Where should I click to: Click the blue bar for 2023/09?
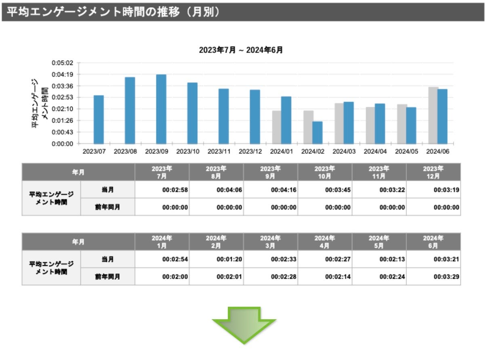161,109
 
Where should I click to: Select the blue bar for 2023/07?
99,119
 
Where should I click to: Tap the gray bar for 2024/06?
433,115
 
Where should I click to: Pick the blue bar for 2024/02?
318,132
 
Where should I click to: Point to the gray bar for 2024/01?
276,127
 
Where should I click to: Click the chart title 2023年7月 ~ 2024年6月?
241,50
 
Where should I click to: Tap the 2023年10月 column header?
325,172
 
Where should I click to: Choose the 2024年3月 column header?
270,241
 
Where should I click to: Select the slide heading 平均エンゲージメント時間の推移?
113,12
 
